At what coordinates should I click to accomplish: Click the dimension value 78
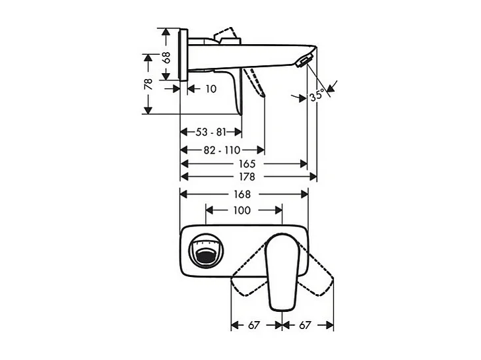(149, 84)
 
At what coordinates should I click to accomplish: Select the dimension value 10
(210, 88)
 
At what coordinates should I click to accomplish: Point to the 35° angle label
(317, 96)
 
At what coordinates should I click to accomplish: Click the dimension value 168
(242, 194)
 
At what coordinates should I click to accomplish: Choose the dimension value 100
(242, 210)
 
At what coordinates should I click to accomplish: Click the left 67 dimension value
(255, 325)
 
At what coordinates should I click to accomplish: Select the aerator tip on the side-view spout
(304, 62)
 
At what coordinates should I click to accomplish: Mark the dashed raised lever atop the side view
(226, 34)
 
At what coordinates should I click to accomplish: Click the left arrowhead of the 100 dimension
(209, 210)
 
